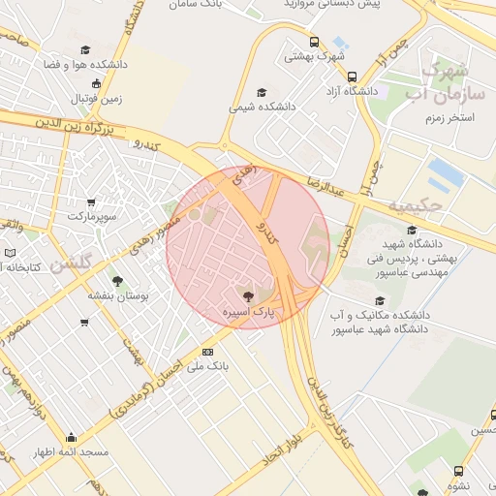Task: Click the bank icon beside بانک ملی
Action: pos(207,352)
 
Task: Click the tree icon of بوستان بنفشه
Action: pos(117,280)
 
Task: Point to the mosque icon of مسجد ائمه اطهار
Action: pos(71,437)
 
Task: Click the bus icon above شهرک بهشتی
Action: pos(315,42)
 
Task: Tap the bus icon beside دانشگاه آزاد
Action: pos(352,76)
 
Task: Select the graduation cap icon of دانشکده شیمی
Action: pos(261,93)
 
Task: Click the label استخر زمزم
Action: pos(448,116)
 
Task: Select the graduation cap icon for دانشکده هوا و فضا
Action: pos(84,49)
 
